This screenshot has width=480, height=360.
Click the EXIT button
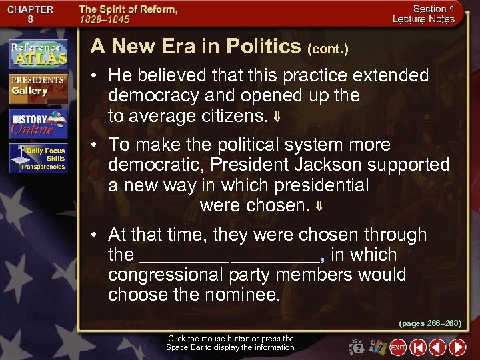pyautogui.click(x=398, y=347)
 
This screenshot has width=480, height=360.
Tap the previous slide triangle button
pyautogui.click(x=437, y=347)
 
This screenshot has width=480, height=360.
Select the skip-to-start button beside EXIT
pyautogui.click(x=418, y=347)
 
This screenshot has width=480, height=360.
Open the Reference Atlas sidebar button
pyautogui.click(x=38, y=55)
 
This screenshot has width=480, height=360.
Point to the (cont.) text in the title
pyautogui.click(x=327, y=49)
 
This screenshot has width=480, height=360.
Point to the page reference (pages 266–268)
pyautogui.click(x=430, y=323)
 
